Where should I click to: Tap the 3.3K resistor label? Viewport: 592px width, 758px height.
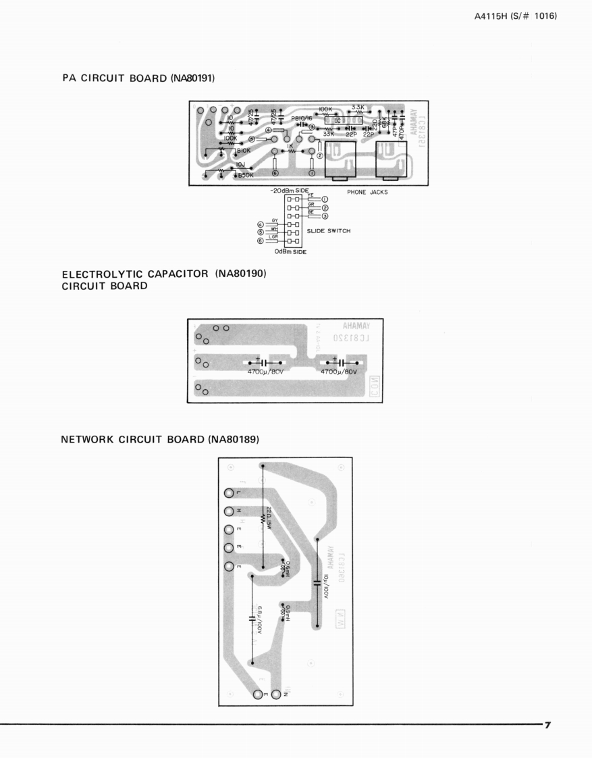[x=358, y=107]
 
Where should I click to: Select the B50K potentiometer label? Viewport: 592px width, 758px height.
[x=244, y=176]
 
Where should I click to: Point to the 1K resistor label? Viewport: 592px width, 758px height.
[x=290, y=145]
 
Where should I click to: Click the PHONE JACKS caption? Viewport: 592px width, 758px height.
[x=367, y=192]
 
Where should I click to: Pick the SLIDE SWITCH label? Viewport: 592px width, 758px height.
[x=329, y=231]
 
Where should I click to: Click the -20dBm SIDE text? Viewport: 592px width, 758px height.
[x=289, y=191]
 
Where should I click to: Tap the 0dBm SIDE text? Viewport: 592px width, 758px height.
[x=290, y=252]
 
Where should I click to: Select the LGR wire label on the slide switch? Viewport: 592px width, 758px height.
[x=273, y=236]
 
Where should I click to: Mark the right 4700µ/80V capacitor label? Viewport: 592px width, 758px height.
[x=339, y=372]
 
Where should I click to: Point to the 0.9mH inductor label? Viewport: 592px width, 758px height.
[x=288, y=613]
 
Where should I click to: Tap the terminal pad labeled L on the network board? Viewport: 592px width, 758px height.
[x=230, y=492]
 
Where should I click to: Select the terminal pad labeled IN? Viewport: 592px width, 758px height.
[x=275, y=694]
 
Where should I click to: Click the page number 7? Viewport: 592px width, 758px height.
[x=547, y=725]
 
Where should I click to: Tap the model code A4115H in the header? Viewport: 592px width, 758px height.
[x=495, y=16]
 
